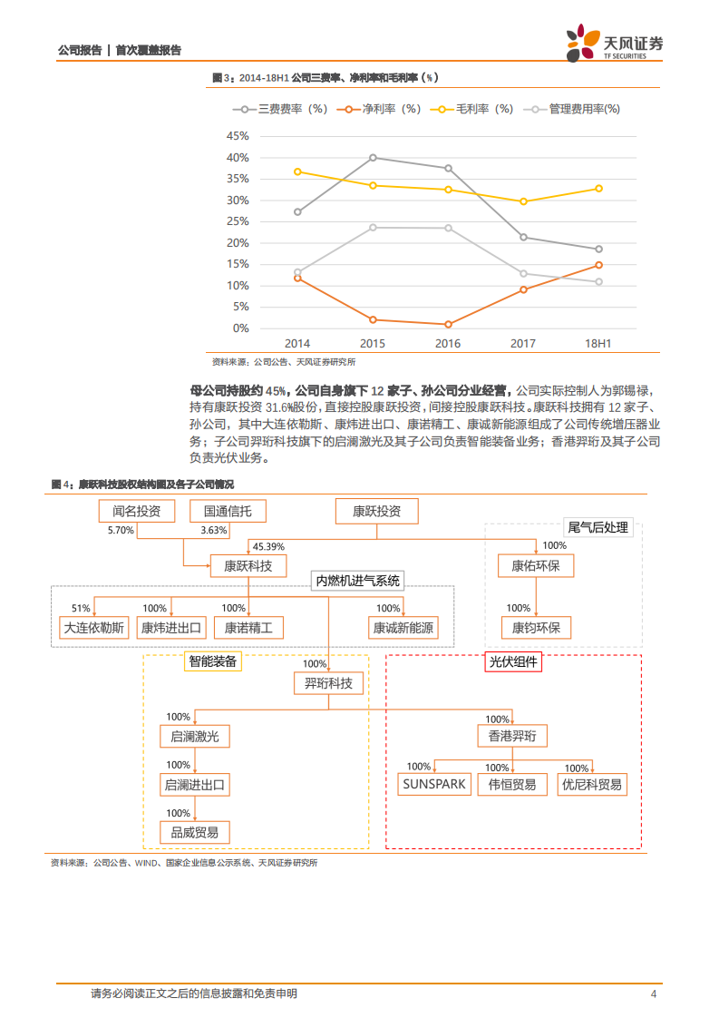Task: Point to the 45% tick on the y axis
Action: tap(237, 136)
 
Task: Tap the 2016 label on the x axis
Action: tap(448, 344)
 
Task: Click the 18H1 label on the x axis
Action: tap(598, 344)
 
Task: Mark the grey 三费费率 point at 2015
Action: tap(373, 157)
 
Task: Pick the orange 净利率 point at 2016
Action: tap(448, 324)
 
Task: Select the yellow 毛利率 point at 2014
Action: tap(298, 171)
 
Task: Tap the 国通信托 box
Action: tap(228, 512)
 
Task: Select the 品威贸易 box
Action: tap(194, 832)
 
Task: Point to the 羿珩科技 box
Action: tap(328, 683)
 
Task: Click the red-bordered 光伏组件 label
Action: tap(512, 662)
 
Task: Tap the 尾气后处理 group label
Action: tap(597, 527)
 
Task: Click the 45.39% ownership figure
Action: tap(268, 547)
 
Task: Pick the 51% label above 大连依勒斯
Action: tap(81, 608)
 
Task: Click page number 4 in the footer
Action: tap(653, 994)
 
